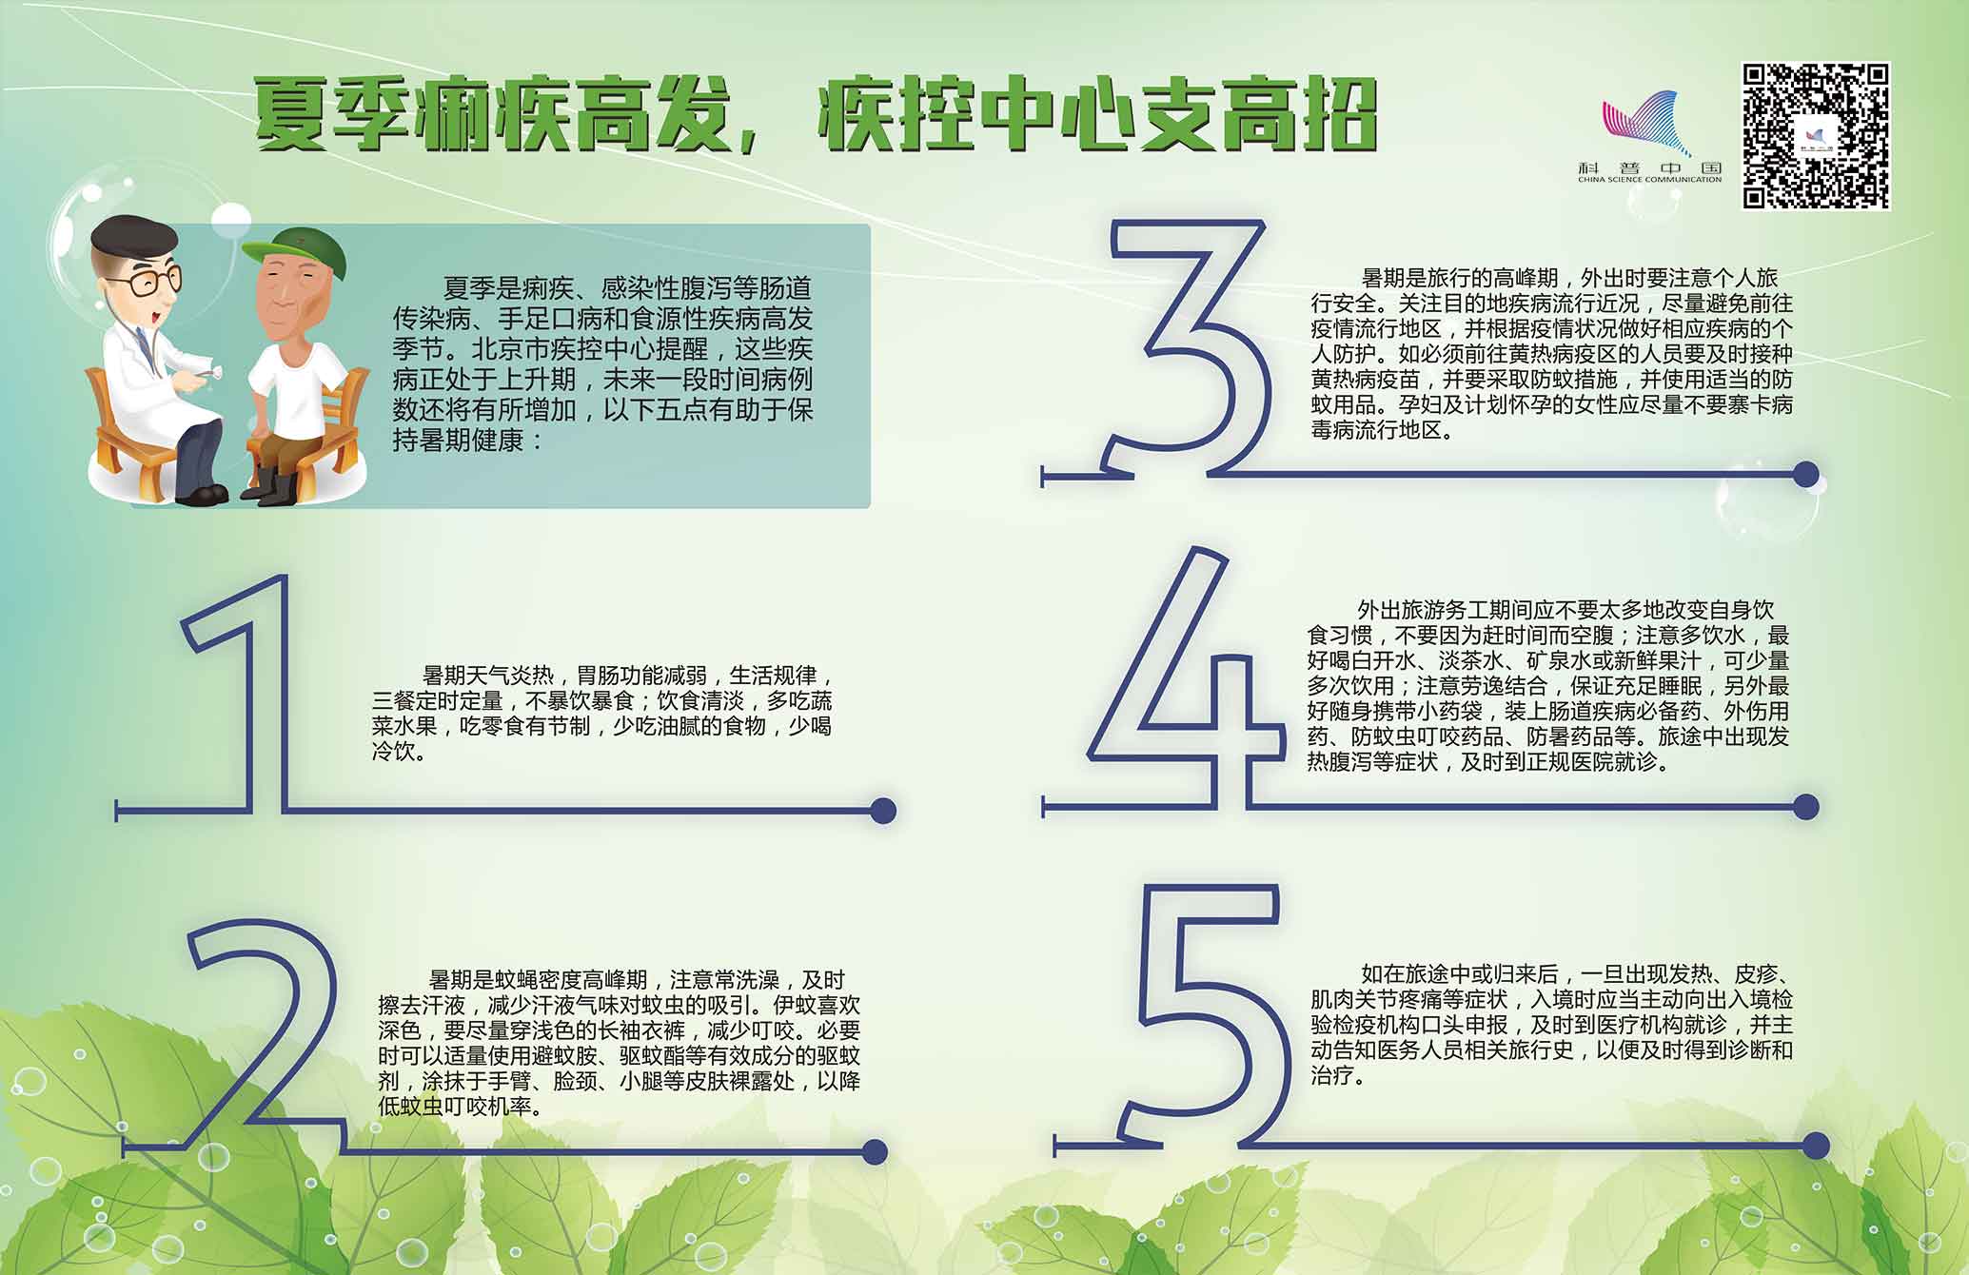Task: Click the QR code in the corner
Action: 1816,136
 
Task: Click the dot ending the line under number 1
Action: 883,810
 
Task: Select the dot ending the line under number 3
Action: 1805,474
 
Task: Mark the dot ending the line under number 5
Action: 1816,1145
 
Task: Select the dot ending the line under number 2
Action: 875,1151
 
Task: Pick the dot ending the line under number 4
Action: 1805,807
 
